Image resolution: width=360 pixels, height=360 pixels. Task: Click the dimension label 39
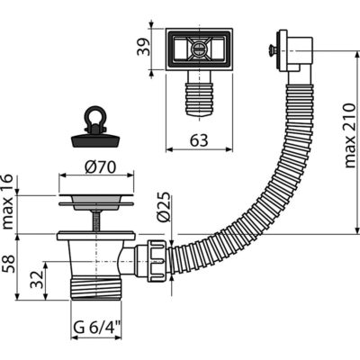click(x=143, y=48)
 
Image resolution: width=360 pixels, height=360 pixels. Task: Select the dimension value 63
click(x=199, y=140)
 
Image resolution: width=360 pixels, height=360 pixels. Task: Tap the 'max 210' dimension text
click(x=350, y=135)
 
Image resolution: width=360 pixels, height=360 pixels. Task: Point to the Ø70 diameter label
click(x=100, y=167)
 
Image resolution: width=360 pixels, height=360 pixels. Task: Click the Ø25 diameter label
click(x=164, y=207)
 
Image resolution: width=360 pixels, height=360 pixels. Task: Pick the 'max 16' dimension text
click(x=7, y=202)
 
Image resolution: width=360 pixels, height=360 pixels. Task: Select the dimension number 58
click(x=8, y=264)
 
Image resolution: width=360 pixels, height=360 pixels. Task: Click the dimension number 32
click(x=37, y=280)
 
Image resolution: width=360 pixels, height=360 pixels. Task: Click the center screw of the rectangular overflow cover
click(x=199, y=48)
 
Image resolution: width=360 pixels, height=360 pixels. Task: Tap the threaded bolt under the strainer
click(x=95, y=220)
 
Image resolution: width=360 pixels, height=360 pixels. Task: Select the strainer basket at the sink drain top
click(x=96, y=201)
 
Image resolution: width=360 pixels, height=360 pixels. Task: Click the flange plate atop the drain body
click(x=96, y=236)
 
